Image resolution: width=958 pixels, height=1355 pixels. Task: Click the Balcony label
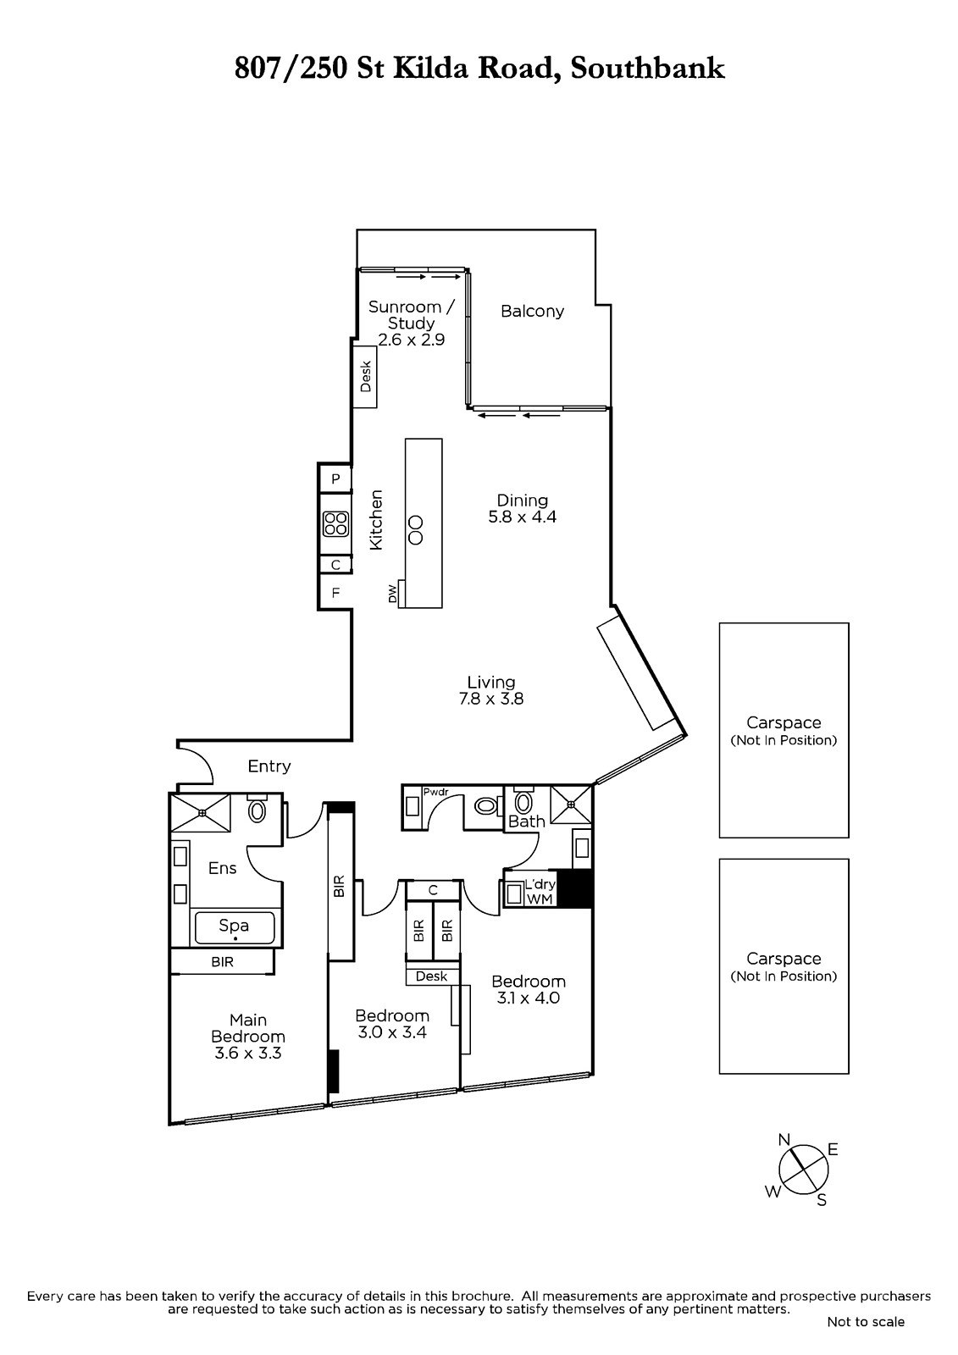coord(532,312)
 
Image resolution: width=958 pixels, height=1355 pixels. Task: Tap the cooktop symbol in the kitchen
coord(335,524)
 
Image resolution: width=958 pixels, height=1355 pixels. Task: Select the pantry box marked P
coord(335,479)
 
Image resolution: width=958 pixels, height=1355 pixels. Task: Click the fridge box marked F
coord(335,593)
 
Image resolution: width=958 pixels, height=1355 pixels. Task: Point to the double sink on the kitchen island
coord(416,529)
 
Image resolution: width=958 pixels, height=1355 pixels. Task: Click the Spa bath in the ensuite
coord(235,927)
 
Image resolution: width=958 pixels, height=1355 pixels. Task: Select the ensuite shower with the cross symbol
coord(202,813)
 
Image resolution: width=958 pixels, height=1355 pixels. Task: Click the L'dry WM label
coord(540,892)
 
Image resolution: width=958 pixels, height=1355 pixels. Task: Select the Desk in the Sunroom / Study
coord(366,377)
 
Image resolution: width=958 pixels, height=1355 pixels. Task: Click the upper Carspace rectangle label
coord(784,730)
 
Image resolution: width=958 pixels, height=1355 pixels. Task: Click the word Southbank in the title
coord(648,68)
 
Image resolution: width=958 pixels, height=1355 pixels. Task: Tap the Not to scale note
coord(866,1321)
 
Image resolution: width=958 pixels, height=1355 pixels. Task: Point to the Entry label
coord(269,766)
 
